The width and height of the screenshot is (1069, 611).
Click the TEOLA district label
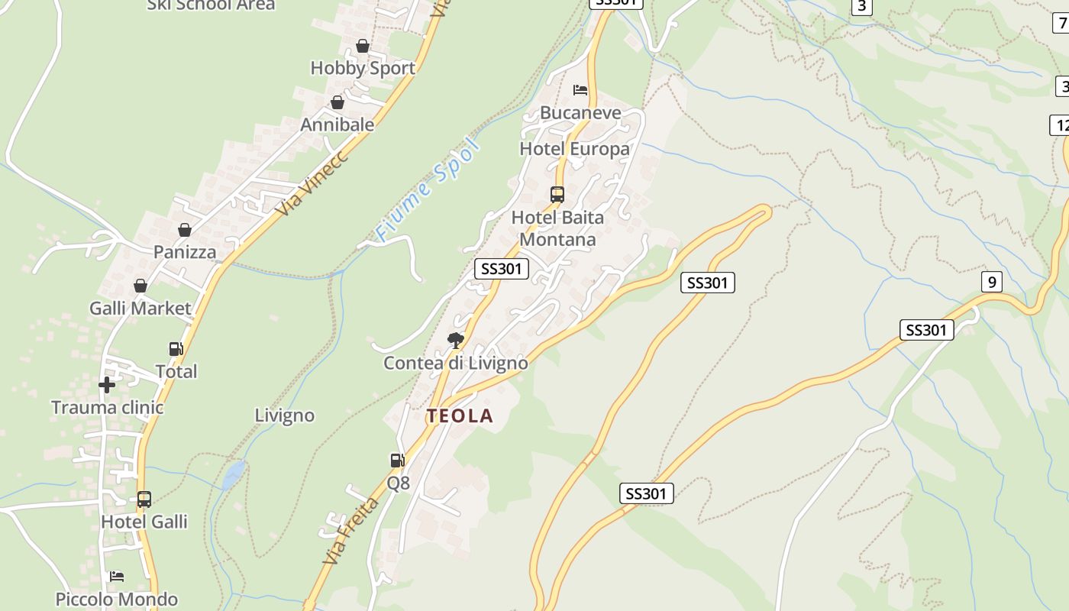(460, 416)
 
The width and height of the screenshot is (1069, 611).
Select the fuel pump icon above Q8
(397, 460)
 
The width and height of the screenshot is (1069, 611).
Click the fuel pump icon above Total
(176, 349)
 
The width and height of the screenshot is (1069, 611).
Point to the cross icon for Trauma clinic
(107, 384)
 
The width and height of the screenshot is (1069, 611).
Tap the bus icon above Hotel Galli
(144, 499)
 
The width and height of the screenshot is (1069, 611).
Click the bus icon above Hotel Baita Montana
(557, 194)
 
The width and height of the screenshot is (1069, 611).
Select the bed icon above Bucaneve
(580, 90)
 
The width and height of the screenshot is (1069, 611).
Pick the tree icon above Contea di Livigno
(456, 340)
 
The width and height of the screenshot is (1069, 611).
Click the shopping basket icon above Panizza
(185, 229)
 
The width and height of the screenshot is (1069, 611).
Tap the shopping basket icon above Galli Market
(140, 286)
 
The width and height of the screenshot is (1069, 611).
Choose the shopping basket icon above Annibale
(337, 102)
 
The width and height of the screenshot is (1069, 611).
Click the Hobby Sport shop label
(363, 68)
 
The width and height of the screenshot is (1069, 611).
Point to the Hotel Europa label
(574, 148)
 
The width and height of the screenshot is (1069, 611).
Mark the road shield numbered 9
(991, 283)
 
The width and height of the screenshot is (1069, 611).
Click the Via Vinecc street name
(312, 183)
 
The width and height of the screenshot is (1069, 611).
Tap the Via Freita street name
(350, 531)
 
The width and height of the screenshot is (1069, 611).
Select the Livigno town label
(284, 415)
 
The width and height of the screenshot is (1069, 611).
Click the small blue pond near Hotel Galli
(234, 474)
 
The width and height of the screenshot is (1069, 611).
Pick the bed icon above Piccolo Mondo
(117, 576)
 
